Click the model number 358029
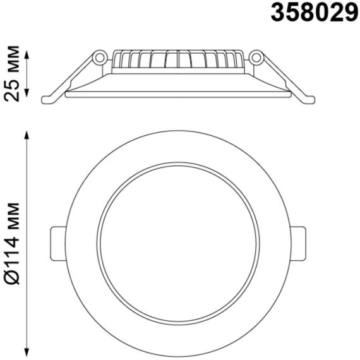pos(315,12)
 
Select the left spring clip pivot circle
pos(99,58)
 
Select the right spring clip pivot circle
pos(256,58)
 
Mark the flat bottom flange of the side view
pos(177,95)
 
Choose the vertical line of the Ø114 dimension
pos(27,243)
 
